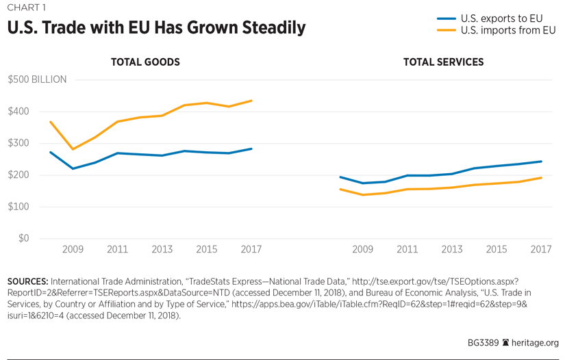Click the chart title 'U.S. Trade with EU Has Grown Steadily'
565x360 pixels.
[156, 28]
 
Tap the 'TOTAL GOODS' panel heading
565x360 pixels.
[145, 62]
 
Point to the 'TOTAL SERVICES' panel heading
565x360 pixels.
[443, 62]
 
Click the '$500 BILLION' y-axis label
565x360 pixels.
[37, 79]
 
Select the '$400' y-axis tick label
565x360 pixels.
[18, 112]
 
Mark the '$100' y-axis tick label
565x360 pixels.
[18, 207]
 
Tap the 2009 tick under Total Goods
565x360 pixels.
[73, 250]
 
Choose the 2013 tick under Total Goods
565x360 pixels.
[162, 250]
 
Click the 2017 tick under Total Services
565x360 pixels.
[541, 250]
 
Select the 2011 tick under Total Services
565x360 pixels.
[407, 250]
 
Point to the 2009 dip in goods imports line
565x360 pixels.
[73, 149]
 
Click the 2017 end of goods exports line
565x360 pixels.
[251, 149]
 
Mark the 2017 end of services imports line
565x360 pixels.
[541, 178]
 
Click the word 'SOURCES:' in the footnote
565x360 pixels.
[27, 281]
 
